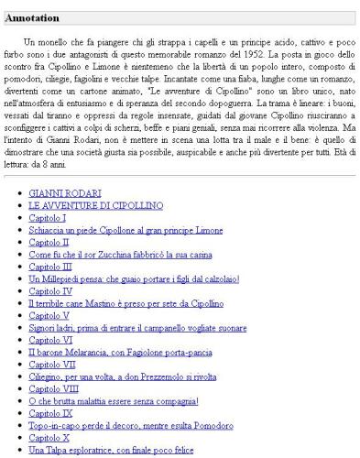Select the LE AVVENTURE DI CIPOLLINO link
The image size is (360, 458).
96,207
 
